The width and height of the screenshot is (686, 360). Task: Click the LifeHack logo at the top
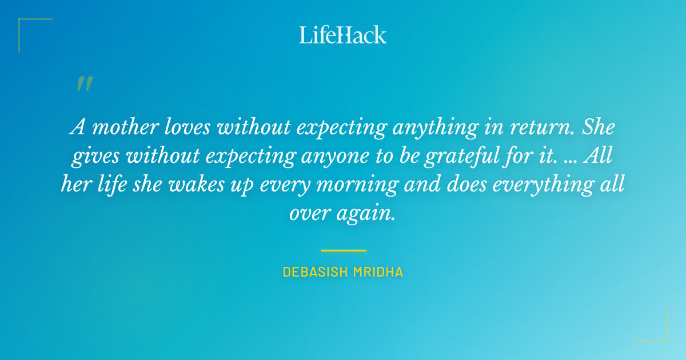click(343, 35)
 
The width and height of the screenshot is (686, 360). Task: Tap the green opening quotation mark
click(84, 84)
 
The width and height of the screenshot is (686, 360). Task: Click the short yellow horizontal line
click(343, 250)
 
